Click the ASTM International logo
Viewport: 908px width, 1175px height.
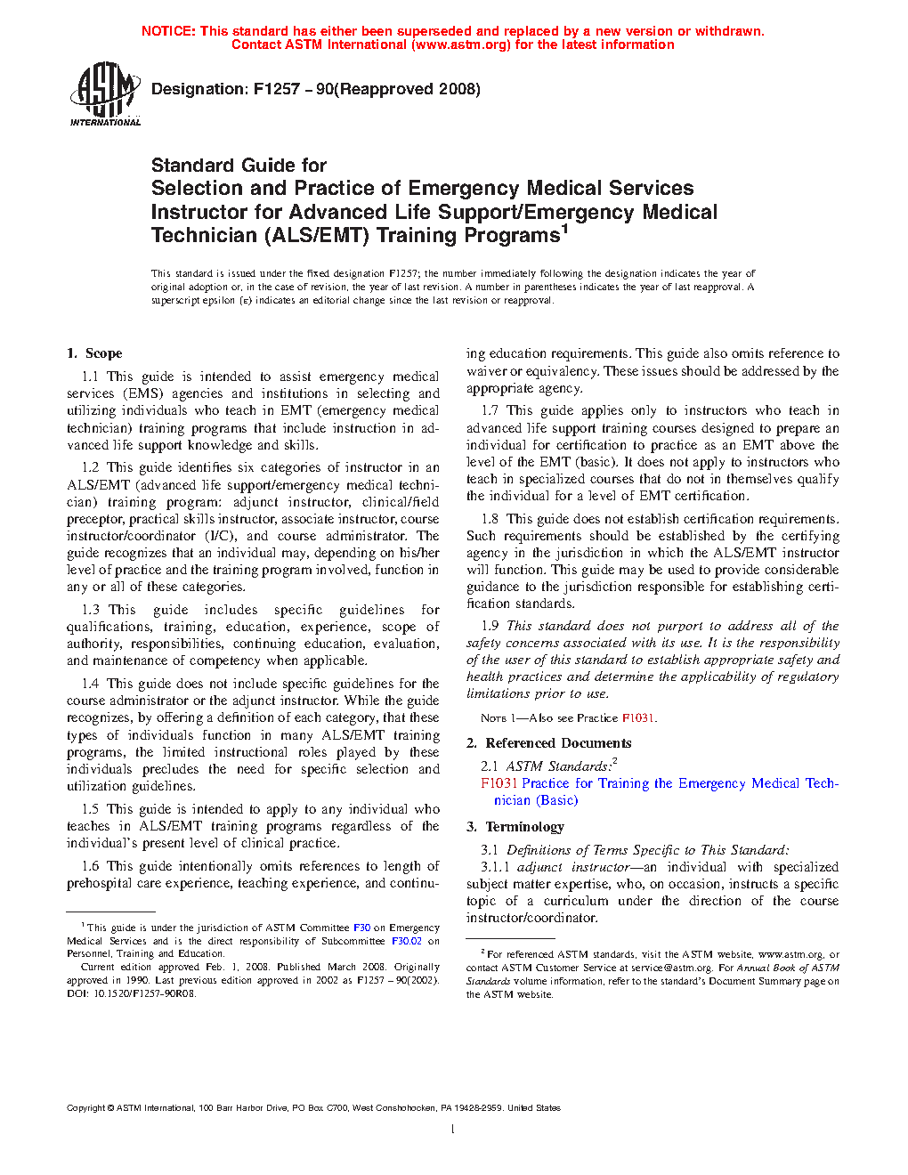pyautogui.click(x=105, y=93)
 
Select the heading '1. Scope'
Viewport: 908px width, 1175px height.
pyautogui.click(x=94, y=353)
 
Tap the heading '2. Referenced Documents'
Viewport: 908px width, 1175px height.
pyautogui.click(x=549, y=743)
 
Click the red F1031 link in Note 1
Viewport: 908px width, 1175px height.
pyautogui.click(x=638, y=718)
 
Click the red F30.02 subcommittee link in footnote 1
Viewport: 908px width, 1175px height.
pyautogui.click(x=407, y=941)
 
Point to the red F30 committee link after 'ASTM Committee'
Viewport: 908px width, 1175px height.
pyautogui.click(x=361, y=928)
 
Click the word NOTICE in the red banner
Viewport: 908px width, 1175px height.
pyautogui.click(x=167, y=31)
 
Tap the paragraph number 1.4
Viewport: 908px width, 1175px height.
pyautogui.click(x=90, y=684)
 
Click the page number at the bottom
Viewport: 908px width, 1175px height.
pyautogui.click(x=453, y=1130)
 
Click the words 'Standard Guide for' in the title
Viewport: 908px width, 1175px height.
pyautogui.click(x=239, y=166)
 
